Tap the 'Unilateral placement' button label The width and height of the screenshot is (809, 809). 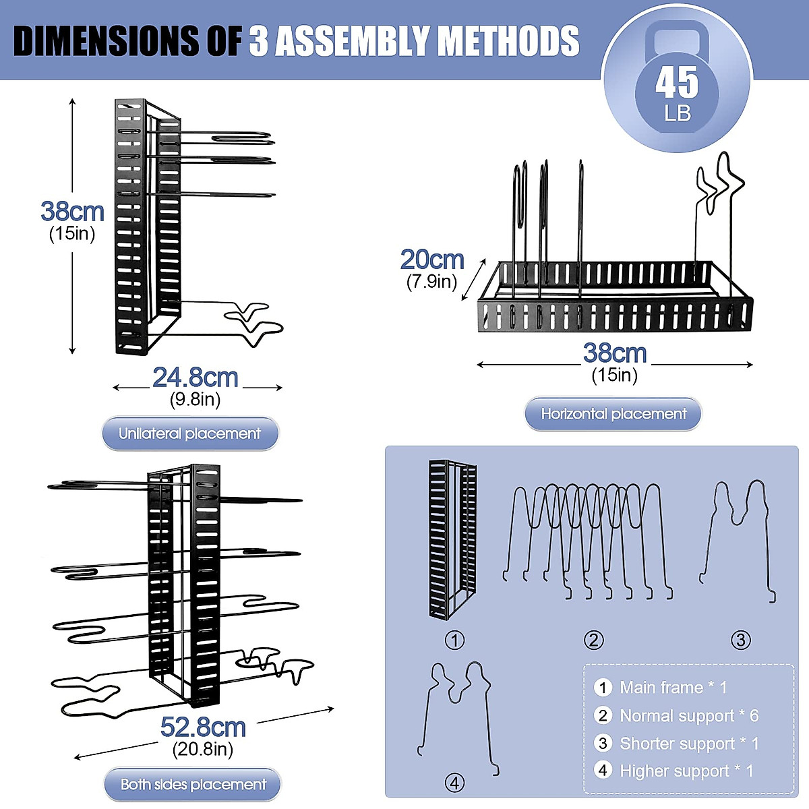click(x=189, y=433)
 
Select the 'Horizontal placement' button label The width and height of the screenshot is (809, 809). click(x=613, y=413)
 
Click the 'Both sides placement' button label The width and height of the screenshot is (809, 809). click(x=193, y=784)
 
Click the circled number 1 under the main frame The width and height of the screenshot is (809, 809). click(x=454, y=640)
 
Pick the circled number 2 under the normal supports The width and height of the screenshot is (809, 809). click(x=594, y=640)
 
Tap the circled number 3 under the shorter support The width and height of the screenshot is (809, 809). click(x=740, y=640)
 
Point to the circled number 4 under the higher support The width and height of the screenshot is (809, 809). click(x=454, y=783)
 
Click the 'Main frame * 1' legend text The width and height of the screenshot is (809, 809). click(x=673, y=687)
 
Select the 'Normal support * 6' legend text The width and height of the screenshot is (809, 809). click(x=689, y=716)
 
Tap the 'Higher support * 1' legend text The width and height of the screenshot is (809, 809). click(x=686, y=771)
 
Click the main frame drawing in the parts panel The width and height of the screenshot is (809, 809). click(x=452, y=539)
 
